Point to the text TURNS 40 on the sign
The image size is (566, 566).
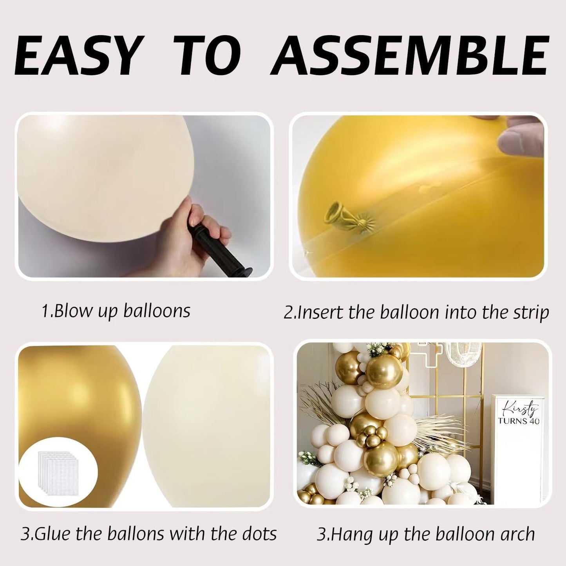(518, 421)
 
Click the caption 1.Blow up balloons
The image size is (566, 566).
(116, 311)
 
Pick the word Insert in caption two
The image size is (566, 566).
(321, 313)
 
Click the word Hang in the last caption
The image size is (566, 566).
(346, 535)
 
